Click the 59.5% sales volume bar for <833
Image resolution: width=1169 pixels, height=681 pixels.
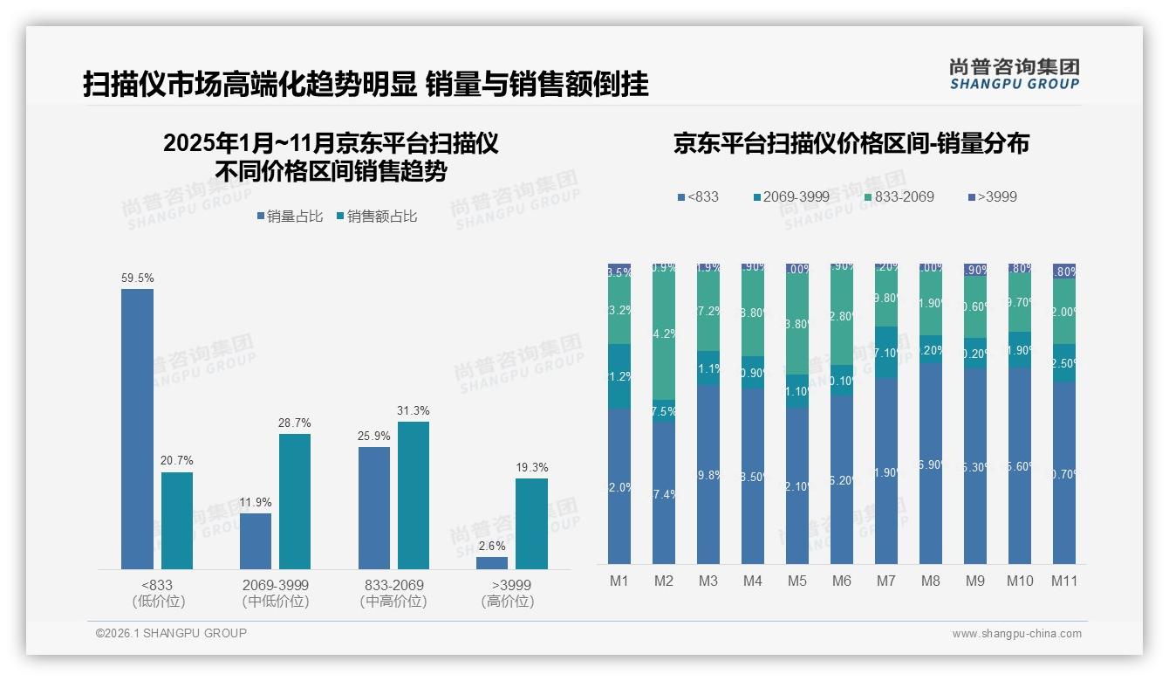137,429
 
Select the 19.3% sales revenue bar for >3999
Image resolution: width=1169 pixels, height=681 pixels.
531,524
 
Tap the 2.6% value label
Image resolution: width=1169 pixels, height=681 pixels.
492,547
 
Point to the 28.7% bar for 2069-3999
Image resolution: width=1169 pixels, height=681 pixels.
295,501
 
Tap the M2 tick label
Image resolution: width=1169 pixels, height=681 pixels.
664,581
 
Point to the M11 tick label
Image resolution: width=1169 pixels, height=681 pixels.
1063,581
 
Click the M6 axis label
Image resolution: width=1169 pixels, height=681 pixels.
841,581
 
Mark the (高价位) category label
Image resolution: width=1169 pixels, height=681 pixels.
508,602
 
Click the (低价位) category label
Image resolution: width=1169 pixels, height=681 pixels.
158,602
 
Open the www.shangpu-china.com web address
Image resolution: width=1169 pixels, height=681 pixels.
1016,634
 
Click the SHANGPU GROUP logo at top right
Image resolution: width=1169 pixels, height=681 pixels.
1014,73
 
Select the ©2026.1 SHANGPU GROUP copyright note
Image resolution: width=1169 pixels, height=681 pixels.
171,633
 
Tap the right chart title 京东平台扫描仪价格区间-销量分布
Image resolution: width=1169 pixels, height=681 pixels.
851,143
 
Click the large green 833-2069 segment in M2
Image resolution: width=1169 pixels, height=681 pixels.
664,332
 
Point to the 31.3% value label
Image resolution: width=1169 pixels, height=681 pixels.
414,411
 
